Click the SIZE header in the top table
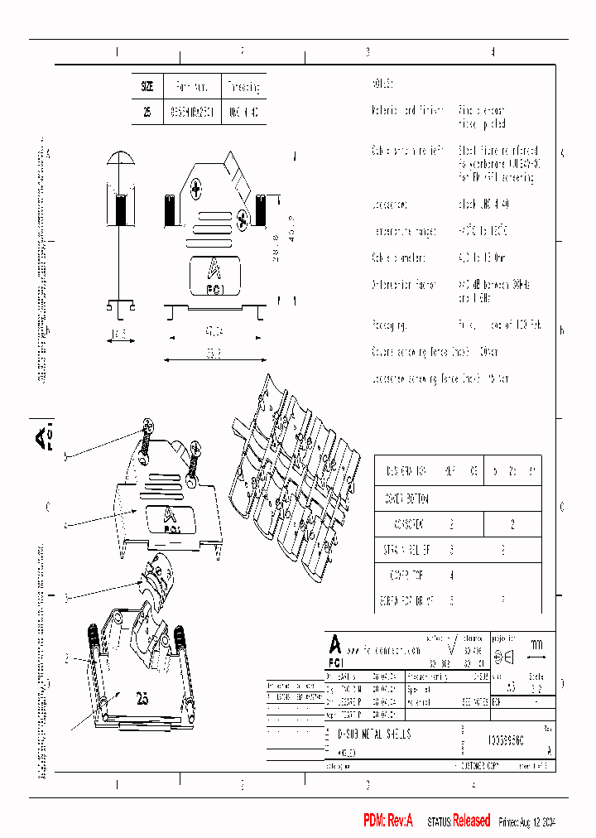[x=147, y=86]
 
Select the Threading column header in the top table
[x=243, y=86]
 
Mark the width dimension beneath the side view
[x=119, y=335]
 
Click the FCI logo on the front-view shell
[x=213, y=275]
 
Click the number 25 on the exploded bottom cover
[x=142, y=700]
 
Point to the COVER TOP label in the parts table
[x=406, y=574]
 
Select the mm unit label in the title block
[x=536, y=644]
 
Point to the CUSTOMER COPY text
[x=483, y=768]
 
